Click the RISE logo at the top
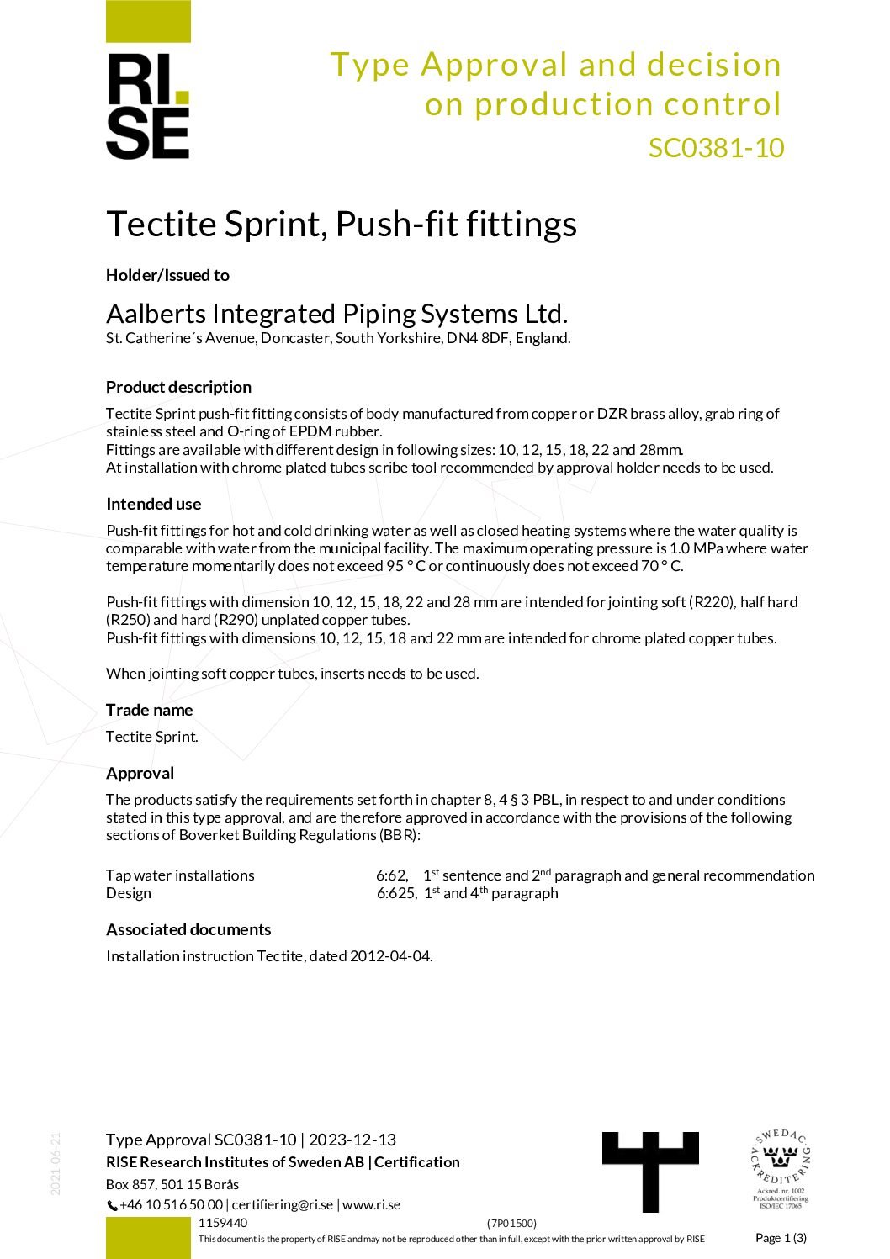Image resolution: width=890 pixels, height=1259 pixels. pos(148,105)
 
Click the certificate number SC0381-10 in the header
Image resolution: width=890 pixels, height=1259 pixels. pos(716,148)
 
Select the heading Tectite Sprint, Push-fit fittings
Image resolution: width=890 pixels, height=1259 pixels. pos(341,225)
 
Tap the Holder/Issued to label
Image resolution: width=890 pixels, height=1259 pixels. pos(167,275)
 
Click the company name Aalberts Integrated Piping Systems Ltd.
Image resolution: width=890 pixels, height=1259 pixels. pos(336,314)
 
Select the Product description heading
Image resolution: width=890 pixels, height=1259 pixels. pos(178,387)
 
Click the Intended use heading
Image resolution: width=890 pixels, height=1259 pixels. pos(153,504)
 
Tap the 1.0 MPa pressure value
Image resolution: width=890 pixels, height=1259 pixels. pos(691,548)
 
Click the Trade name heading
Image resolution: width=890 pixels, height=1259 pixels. pos(149,710)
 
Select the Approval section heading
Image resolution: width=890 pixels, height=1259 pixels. pos(140,773)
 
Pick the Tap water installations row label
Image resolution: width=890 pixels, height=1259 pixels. pos(180,875)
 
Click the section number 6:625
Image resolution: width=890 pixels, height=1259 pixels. pos(395,893)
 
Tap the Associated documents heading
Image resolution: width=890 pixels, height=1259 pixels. pos(188,929)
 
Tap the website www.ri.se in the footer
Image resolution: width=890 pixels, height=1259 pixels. pos(371,1204)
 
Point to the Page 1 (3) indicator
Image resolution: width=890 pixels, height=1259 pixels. pos(780,1237)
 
